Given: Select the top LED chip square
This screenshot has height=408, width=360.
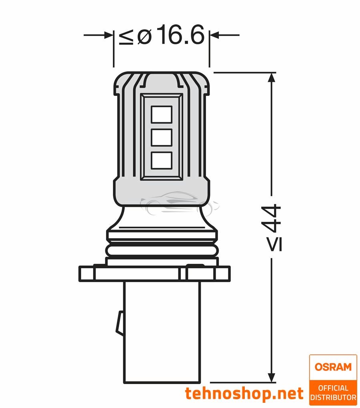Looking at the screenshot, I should (x=162, y=114).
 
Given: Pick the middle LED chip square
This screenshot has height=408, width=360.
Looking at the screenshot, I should (x=162, y=137).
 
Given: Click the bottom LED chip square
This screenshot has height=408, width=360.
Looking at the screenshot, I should (x=162, y=160).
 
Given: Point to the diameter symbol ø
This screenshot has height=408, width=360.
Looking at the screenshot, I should (x=144, y=36).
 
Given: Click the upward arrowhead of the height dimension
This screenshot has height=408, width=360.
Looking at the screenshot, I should (x=272, y=77).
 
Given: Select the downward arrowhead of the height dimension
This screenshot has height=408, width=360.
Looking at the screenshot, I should (x=272, y=376).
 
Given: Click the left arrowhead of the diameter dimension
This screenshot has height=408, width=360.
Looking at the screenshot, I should (x=108, y=35).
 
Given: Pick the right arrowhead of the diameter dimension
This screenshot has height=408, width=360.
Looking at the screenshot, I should (x=214, y=35).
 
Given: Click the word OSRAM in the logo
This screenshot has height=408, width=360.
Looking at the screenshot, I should (x=333, y=367).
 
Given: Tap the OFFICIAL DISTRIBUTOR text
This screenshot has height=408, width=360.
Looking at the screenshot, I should (x=333, y=392).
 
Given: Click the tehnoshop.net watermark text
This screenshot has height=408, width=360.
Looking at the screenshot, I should (x=244, y=394).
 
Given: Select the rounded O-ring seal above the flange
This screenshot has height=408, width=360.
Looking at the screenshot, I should (x=162, y=251).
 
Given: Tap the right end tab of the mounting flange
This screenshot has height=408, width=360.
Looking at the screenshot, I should (x=223, y=273).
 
